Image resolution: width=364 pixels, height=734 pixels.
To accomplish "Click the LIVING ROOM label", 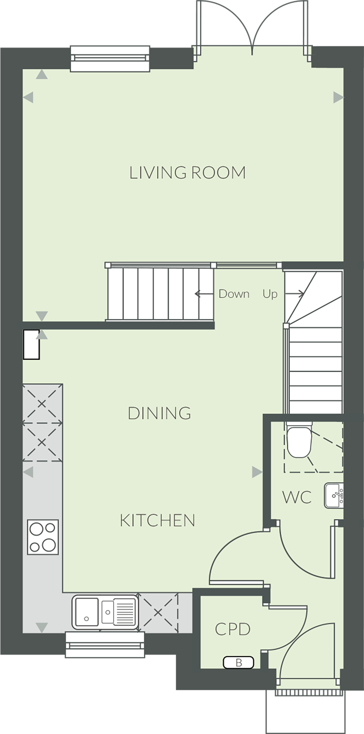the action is (x=187, y=173).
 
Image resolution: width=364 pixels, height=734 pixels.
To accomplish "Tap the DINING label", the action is (x=159, y=413).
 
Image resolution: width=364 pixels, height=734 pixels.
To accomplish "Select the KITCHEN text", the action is (x=157, y=520).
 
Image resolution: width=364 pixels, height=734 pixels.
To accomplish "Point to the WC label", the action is (x=297, y=497).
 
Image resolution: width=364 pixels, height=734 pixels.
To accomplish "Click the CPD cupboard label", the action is (x=233, y=629).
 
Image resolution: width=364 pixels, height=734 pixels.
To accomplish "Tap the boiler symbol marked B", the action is (x=238, y=662).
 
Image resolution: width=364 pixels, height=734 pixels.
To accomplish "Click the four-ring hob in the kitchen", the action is (x=43, y=537).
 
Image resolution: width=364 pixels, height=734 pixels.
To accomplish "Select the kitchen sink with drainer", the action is (x=105, y=612).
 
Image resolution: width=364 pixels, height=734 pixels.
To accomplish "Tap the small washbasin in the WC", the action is (x=334, y=495).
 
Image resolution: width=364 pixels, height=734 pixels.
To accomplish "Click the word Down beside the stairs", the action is (x=234, y=294).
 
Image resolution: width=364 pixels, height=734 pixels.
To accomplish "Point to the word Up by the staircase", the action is (x=270, y=294).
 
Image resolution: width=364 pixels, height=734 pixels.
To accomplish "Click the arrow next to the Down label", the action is (x=204, y=294).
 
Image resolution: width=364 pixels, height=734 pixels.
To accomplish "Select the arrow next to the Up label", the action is (x=294, y=294).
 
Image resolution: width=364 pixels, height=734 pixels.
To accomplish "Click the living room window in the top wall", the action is (x=110, y=58).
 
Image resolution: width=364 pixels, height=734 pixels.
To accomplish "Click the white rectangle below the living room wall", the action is (x=31, y=344).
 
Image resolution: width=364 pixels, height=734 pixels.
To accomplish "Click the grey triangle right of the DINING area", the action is (x=257, y=472).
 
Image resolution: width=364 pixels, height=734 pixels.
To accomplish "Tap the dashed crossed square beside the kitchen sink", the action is (x=158, y=613).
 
